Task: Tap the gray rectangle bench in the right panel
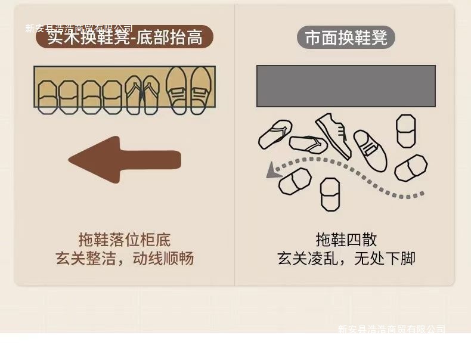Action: [x=346, y=86]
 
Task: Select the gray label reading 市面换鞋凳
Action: [x=346, y=38]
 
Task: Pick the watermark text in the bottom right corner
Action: [x=391, y=329]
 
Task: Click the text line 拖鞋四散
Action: [x=346, y=240]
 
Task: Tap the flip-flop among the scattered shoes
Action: [x=308, y=144]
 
